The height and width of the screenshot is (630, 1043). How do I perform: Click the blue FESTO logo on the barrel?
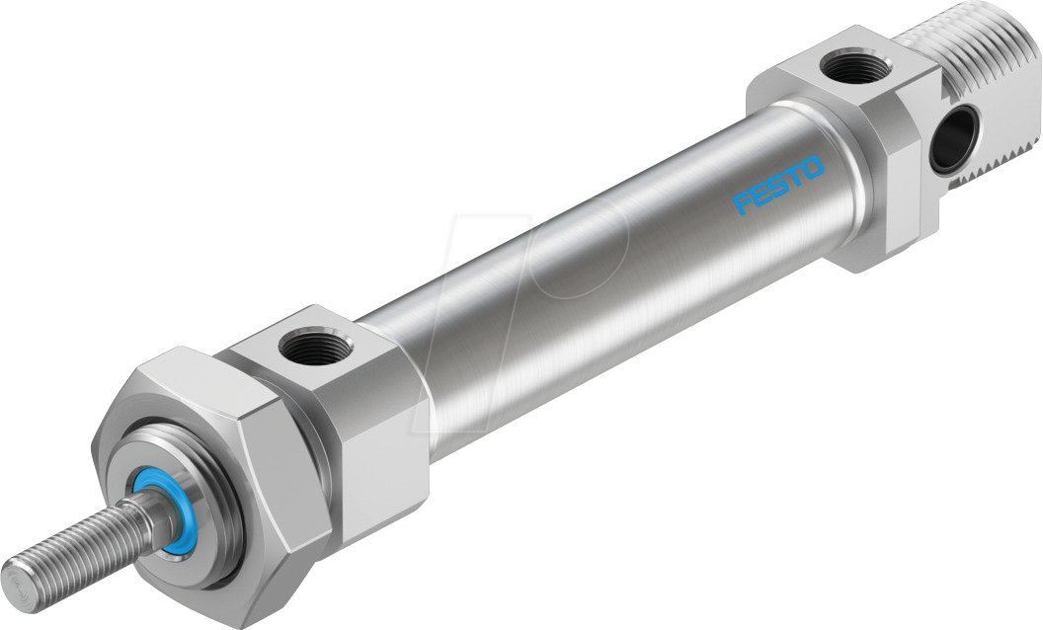point(777,185)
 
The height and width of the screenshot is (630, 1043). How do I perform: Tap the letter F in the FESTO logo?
point(742,205)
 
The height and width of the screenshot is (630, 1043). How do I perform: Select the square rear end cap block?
point(840,148)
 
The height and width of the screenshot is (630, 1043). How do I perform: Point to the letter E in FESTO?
point(759,196)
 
